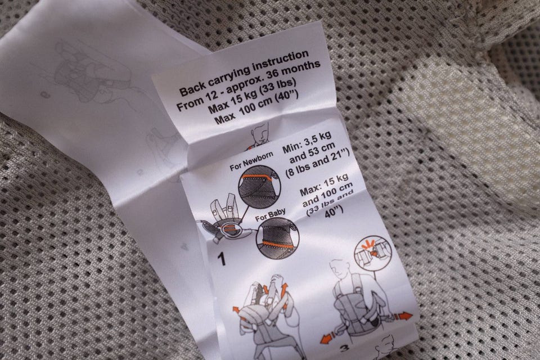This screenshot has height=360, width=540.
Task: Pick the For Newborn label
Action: (x=251, y=161)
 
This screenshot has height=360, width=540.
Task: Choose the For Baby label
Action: (x=271, y=215)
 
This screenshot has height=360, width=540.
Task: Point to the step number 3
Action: (x=344, y=348)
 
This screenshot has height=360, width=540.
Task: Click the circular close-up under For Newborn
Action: (x=259, y=188)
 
